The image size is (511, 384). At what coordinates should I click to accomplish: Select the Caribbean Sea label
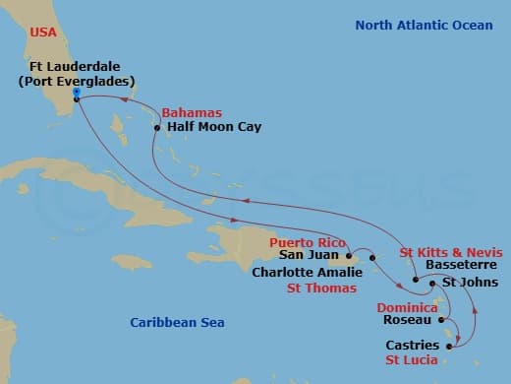pyautogui.click(x=178, y=322)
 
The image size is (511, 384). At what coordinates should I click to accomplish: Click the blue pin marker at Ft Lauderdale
pyautogui.click(x=77, y=95)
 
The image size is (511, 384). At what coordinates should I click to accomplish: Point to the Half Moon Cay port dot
pyautogui.click(x=157, y=127)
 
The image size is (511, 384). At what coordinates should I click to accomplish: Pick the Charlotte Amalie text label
pyautogui.click(x=307, y=272)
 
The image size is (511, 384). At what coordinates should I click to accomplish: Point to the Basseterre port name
pyautogui.click(x=464, y=266)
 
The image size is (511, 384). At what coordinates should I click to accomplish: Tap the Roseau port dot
pyautogui.click(x=442, y=320)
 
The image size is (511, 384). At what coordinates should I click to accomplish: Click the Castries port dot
pyautogui.click(x=449, y=346)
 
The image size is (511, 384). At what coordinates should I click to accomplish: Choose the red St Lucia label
pyautogui.click(x=416, y=360)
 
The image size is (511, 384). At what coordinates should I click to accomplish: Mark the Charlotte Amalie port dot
pyautogui.click(x=372, y=258)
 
